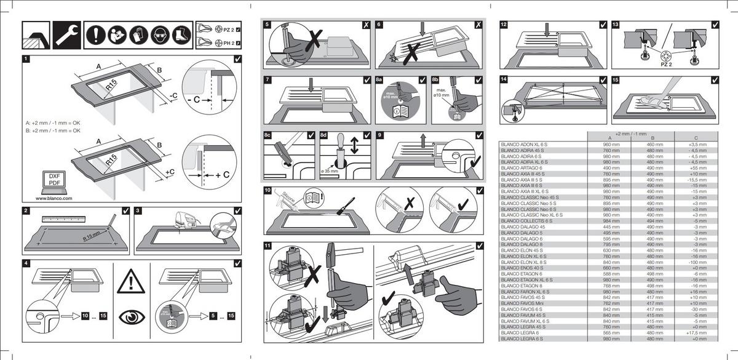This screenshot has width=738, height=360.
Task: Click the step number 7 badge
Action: (x=268, y=80)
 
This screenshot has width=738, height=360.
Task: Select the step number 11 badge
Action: (x=268, y=246)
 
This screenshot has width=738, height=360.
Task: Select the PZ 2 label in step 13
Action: (x=667, y=63)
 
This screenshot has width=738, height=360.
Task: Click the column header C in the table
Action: (x=695, y=138)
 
